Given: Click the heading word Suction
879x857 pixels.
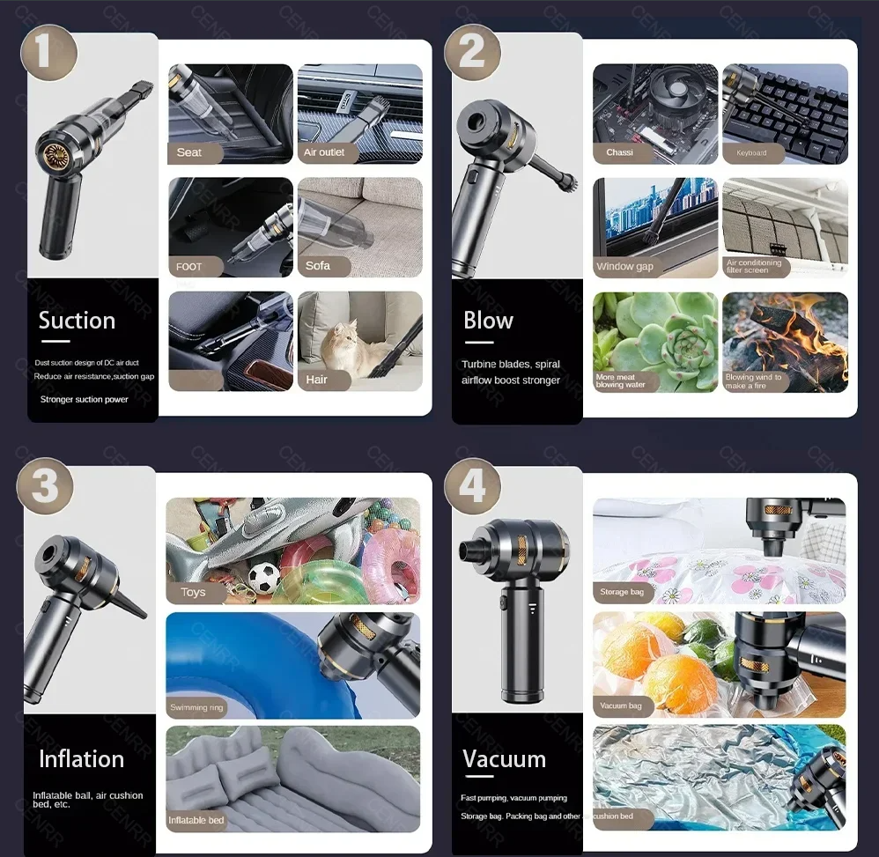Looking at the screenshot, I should [77, 321].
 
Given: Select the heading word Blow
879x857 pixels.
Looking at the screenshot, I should [488, 321].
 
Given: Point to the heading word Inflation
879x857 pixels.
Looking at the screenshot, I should [81, 758].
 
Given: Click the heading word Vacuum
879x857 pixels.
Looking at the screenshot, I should [504, 758].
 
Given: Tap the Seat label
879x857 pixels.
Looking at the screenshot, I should [189, 152].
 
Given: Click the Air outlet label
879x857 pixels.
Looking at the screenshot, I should [324, 152].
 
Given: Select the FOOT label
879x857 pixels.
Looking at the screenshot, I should [189, 266].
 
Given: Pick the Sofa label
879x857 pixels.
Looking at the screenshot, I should [318, 265].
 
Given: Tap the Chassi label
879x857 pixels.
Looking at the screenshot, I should [619, 152].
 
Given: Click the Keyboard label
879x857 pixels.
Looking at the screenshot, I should [751, 152].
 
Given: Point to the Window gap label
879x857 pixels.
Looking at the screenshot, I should [624, 266].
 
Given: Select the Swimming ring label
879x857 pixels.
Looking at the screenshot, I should [196, 707].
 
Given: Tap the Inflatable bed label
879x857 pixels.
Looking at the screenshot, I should [196, 820].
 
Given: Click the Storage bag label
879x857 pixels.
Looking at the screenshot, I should [622, 592].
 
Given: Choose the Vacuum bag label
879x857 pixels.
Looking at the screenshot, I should [621, 706].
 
